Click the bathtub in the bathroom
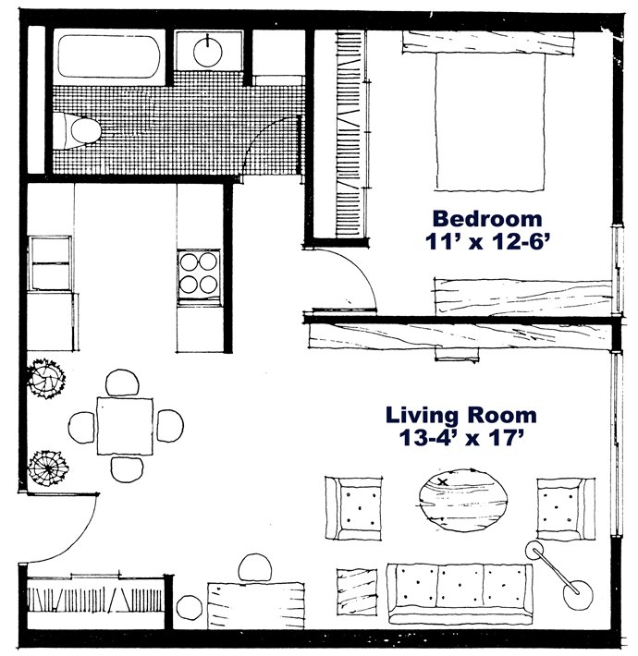[x=108, y=55]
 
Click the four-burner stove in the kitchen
[x=199, y=272]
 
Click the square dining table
[x=123, y=424]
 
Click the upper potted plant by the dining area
[x=43, y=378]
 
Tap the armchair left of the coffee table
[x=353, y=509]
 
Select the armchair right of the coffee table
[x=561, y=509]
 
